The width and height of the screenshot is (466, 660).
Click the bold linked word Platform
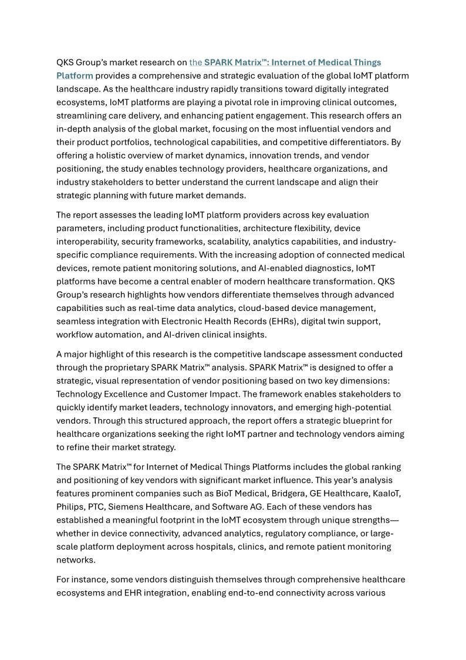coord(75,76)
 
